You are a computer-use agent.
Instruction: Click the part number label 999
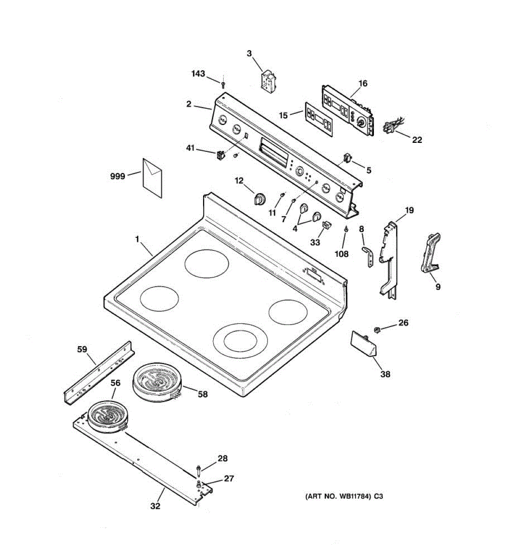tap(117, 176)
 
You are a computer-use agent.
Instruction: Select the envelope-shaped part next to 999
tap(152, 178)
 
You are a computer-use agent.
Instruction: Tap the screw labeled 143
tap(223, 84)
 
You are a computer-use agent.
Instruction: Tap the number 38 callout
tap(385, 374)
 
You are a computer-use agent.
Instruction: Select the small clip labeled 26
tap(377, 329)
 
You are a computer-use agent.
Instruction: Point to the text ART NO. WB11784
tap(338, 496)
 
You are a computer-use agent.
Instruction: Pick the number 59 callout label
tap(81, 349)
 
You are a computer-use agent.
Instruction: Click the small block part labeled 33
tap(327, 225)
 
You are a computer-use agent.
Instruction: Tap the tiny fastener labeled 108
tap(345, 229)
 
